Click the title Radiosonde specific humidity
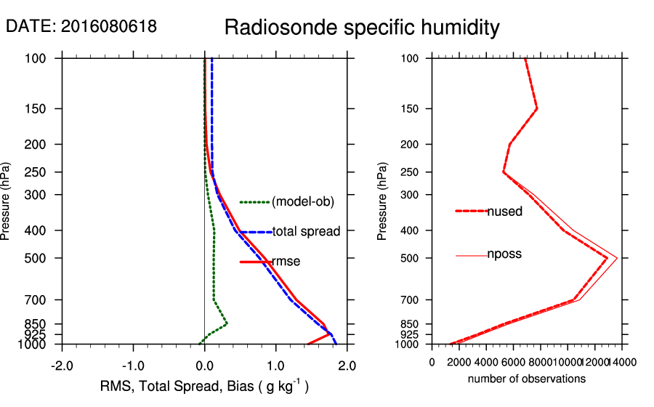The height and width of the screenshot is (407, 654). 362,28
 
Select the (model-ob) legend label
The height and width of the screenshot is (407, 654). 302,202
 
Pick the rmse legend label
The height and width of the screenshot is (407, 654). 286,262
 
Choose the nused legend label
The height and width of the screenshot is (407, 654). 504,211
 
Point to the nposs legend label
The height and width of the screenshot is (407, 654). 504,254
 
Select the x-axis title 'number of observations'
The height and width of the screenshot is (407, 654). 527,379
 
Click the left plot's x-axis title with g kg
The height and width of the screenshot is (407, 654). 204,387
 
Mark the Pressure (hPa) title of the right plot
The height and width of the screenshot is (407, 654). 382,201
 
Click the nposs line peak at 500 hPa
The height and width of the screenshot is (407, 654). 617,258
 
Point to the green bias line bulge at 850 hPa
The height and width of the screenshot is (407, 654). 227,323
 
